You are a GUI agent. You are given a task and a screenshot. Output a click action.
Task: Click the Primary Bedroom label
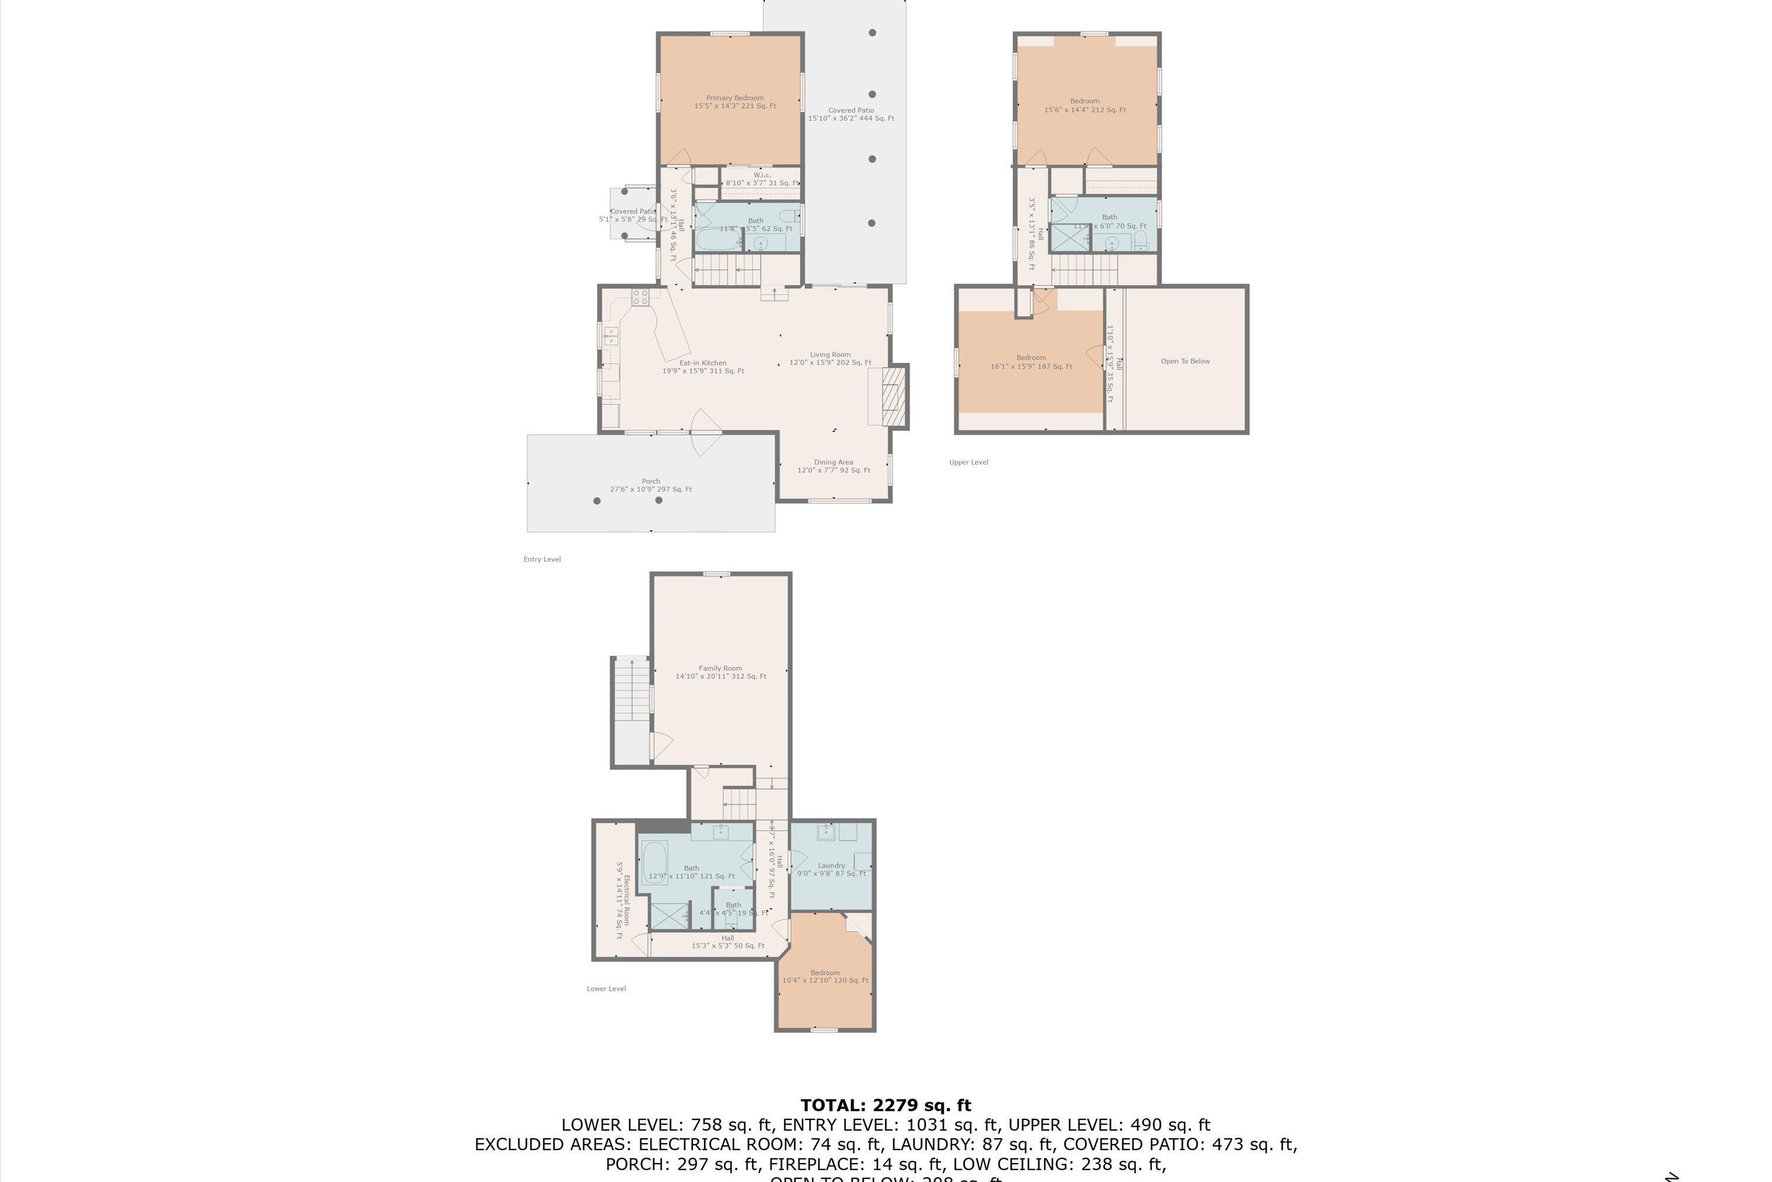[x=735, y=102]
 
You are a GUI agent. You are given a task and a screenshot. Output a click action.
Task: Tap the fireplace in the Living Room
[x=891, y=396]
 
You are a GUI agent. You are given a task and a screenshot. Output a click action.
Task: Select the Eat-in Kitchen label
[x=703, y=367]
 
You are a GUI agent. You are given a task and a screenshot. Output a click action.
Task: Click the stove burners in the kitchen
[x=640, y=297]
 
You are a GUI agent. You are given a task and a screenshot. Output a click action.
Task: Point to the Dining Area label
[x=833, y=466]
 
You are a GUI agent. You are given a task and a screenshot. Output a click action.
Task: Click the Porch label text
[x=651, y=485]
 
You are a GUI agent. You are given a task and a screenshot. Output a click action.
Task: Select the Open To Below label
[x=1185, y=361]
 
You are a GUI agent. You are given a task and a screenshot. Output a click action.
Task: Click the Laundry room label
[x=831, y=869]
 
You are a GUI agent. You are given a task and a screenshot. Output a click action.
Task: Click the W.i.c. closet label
[x=762, y=178]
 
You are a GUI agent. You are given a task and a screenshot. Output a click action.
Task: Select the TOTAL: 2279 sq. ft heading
[x=885, y=1105]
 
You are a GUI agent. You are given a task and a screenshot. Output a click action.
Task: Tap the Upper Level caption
[x=968, y=462]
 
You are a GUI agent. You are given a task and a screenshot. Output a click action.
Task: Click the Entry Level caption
[x=542, y=559]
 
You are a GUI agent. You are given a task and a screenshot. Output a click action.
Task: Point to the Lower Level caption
[x=606, y=988]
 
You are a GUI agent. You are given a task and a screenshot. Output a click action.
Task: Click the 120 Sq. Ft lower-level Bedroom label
[x=825, y=976]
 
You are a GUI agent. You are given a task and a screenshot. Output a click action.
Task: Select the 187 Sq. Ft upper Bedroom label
[x=1031, y=362]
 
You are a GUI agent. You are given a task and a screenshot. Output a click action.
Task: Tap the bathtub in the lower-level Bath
[x=654, y=862]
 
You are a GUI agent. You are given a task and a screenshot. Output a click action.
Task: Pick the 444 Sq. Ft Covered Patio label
[x=851, y=114]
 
